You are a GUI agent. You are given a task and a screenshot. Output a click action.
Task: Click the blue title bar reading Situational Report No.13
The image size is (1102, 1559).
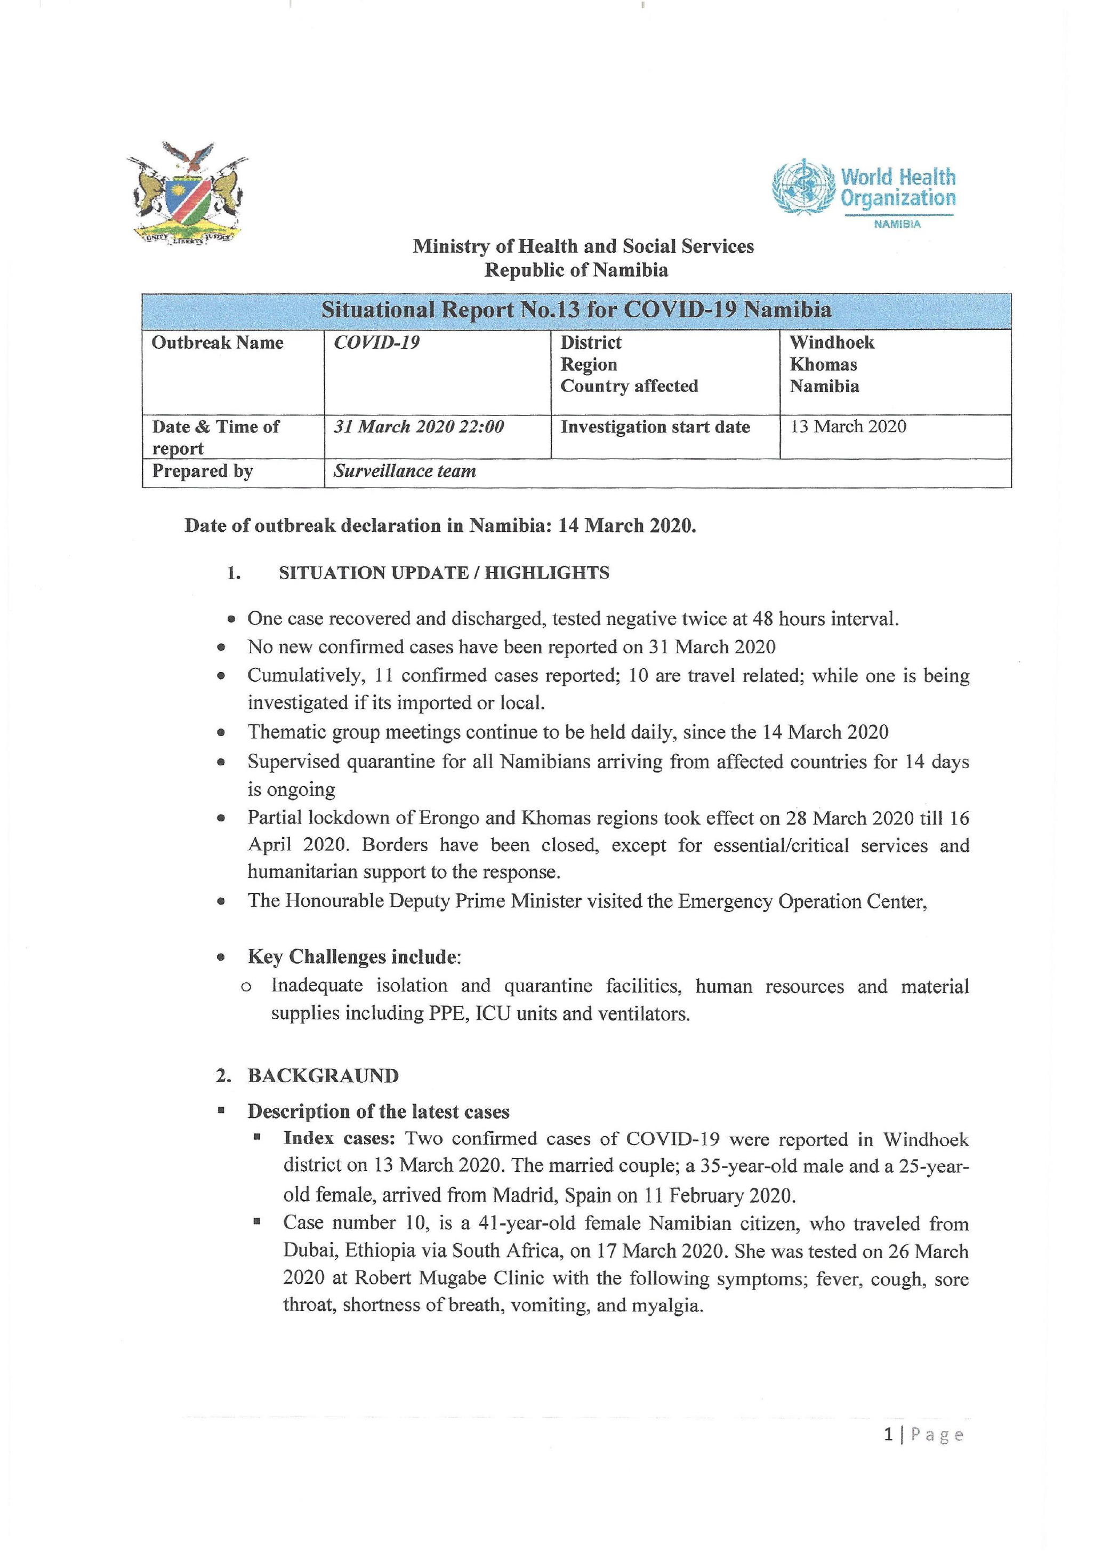(576, 310)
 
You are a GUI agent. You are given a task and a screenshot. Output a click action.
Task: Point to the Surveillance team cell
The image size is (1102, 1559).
(405, 471)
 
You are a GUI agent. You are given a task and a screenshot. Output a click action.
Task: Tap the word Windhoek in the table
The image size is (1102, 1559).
(832, 342)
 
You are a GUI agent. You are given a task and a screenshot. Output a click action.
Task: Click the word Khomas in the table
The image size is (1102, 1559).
(823, 365)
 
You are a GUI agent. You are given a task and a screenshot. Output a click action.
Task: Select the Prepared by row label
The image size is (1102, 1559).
(202, 471)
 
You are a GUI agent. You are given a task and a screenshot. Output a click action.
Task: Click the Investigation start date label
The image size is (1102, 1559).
(655, 427)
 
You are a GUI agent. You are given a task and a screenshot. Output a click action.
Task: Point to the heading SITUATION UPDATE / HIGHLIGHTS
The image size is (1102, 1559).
(444, 573)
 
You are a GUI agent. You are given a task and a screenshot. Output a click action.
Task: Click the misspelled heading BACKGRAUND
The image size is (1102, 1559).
(323, 1076)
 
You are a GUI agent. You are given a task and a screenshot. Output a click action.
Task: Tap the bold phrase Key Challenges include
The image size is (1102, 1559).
(353, 957)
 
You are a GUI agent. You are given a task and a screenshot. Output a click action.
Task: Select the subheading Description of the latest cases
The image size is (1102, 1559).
(378, 1112)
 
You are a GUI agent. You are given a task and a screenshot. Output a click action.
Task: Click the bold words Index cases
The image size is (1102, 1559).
(339, 1139)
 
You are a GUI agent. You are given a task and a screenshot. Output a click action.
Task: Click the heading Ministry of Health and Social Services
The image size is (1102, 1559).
(583, 246)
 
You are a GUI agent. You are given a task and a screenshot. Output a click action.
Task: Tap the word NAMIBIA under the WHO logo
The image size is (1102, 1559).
(897, 225)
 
